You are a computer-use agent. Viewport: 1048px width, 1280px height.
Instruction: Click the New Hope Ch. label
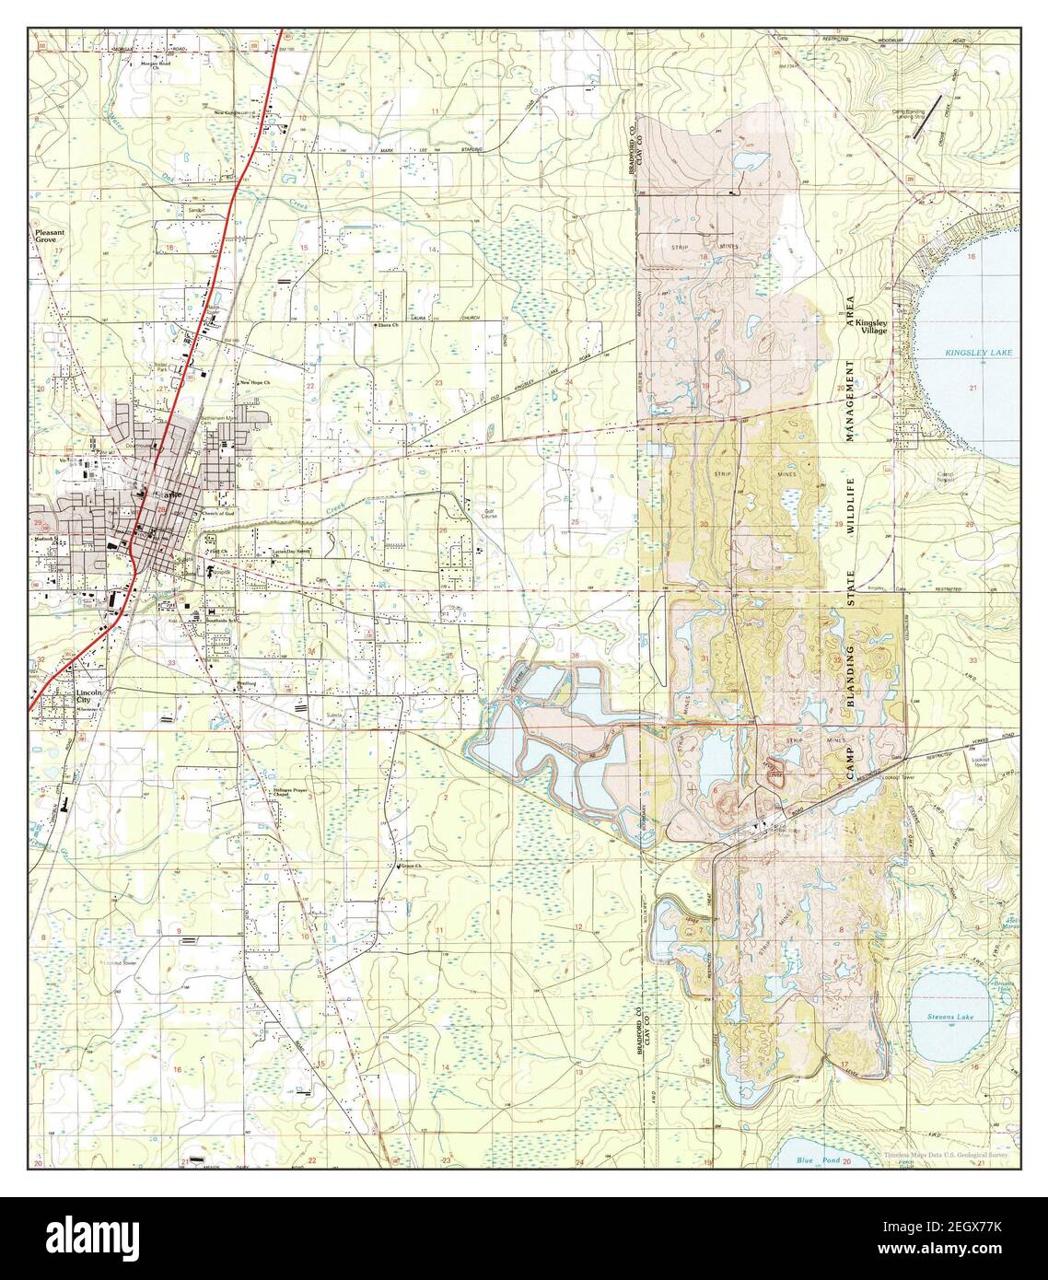(x=256, y=381)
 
